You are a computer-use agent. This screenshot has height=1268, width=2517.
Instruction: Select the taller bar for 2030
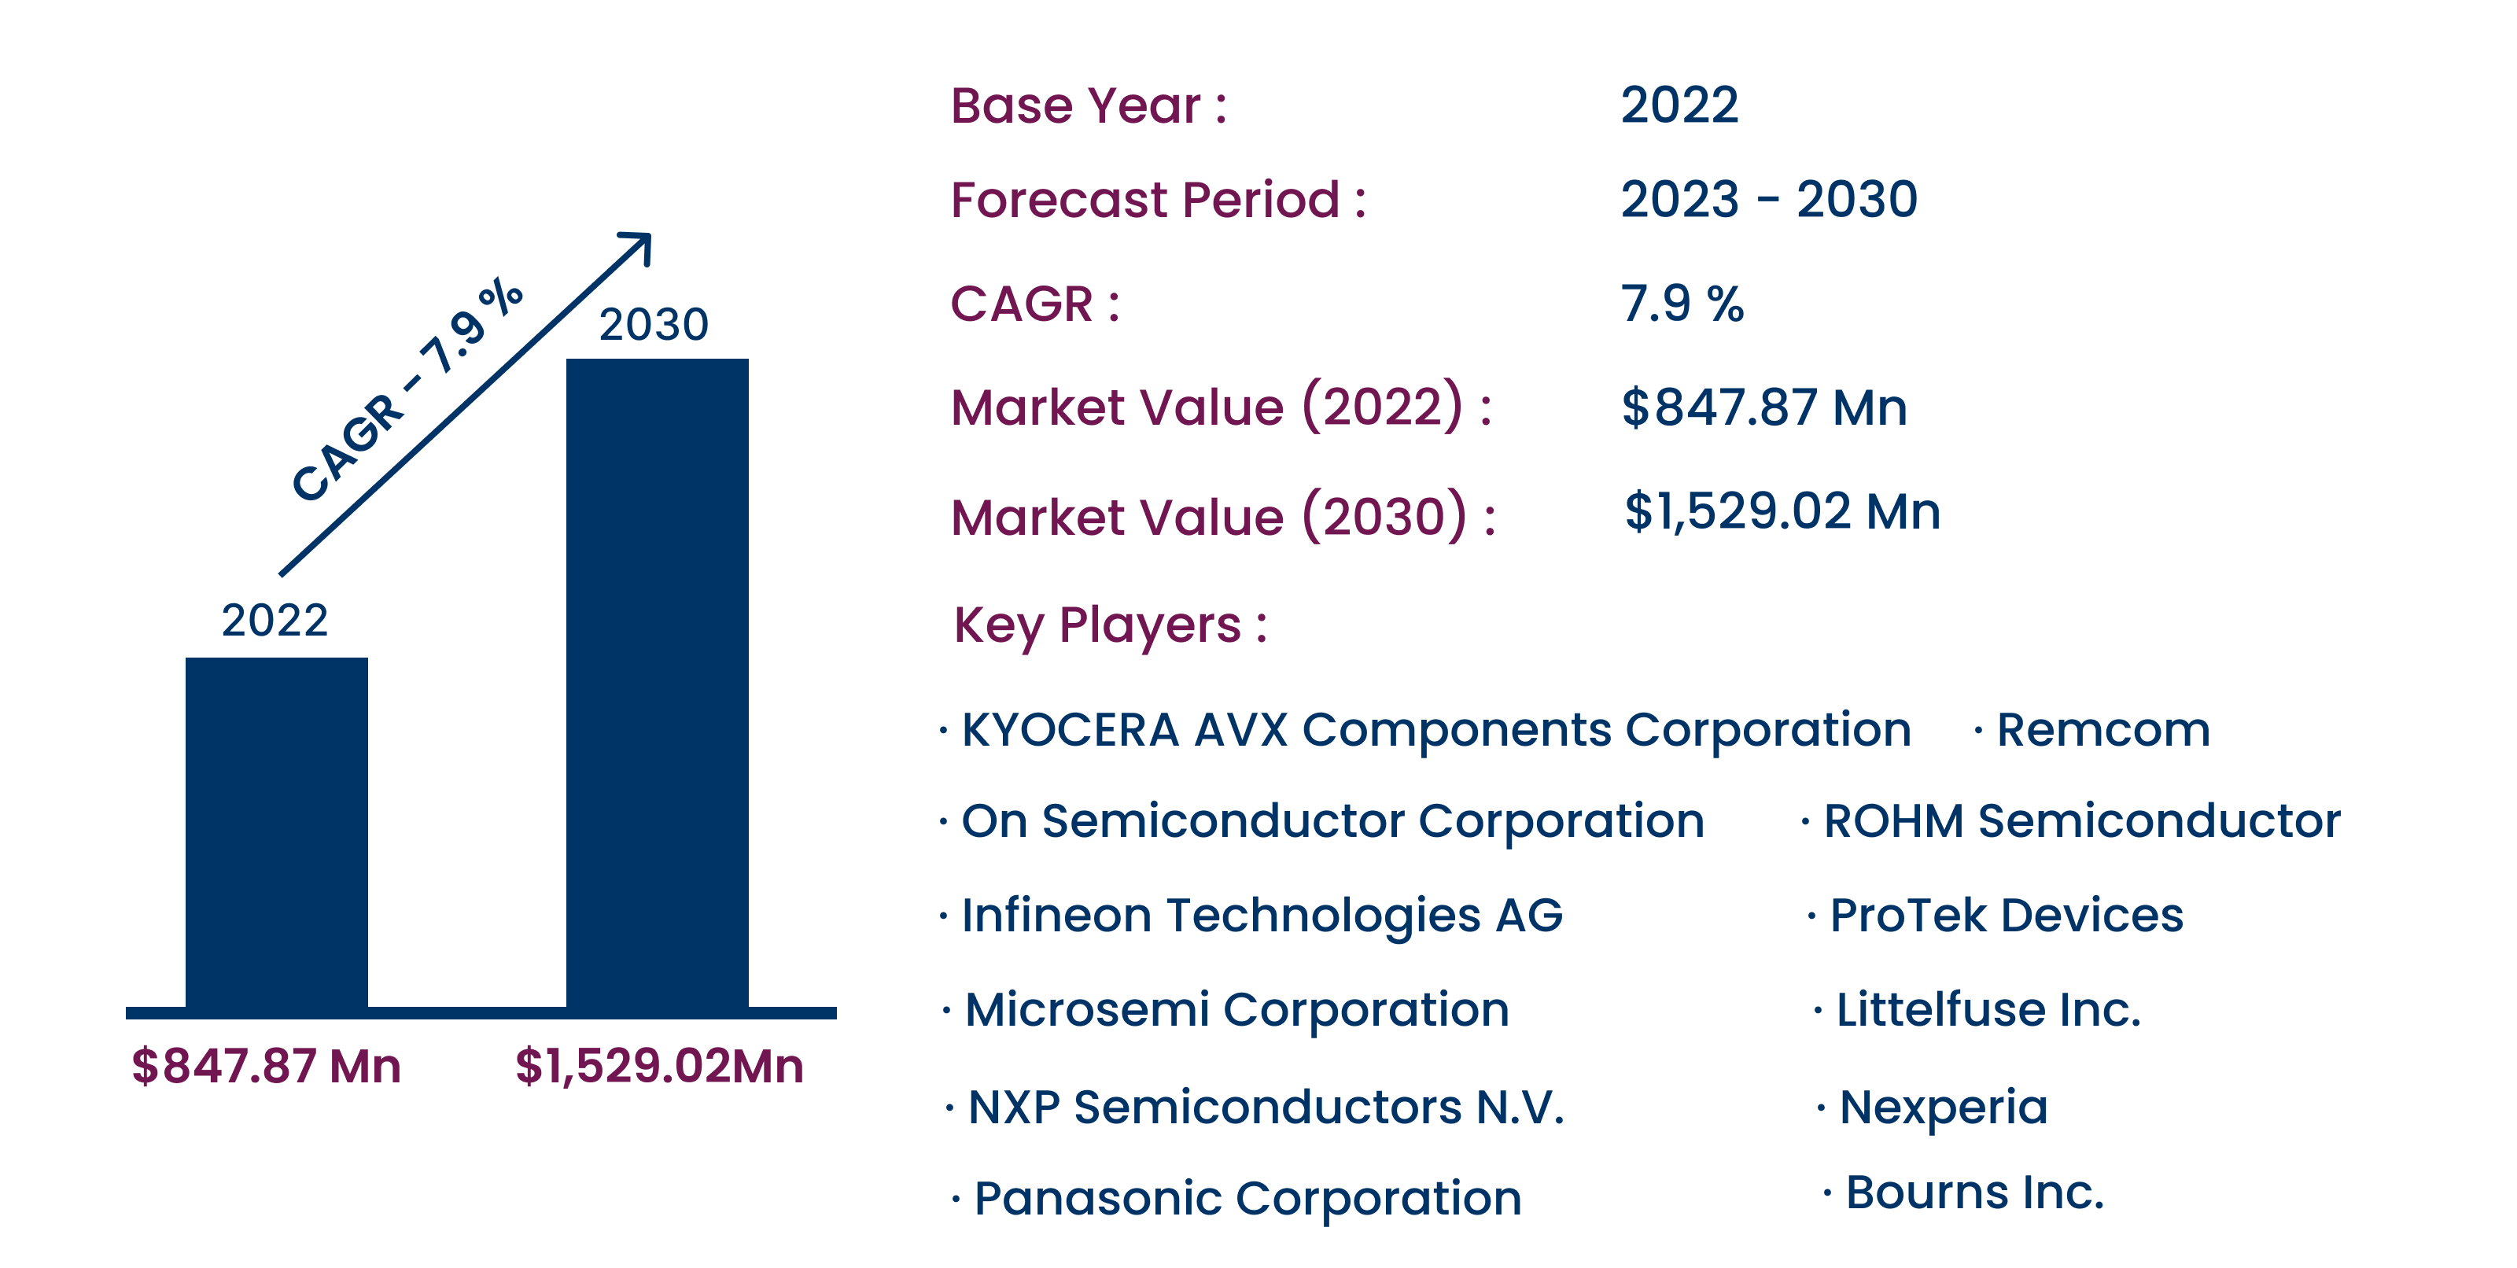[657, 684]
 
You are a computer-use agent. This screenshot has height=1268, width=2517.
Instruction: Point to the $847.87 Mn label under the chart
[266, 1066]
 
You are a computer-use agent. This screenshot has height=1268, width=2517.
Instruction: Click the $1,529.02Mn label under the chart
[658, 1066]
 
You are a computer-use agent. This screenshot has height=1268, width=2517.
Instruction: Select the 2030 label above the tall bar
[653, 324]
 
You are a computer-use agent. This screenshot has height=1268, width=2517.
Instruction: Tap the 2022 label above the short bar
[275, 621]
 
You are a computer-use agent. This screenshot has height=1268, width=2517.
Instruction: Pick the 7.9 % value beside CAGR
[1682, 303]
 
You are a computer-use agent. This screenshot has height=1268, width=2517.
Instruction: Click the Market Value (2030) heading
[1222, 517]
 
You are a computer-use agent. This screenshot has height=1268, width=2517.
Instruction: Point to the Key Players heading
[1110, 625]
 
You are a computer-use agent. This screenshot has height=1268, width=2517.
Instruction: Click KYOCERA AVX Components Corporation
[1435, 730]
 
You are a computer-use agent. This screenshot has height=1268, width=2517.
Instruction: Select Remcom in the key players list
[2102, 730]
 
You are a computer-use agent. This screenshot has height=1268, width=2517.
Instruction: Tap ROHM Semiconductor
[2081, 820]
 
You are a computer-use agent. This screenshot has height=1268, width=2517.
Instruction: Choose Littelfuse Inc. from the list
[1988, 1009]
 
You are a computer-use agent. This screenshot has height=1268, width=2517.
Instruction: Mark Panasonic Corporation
[1247, 1198]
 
